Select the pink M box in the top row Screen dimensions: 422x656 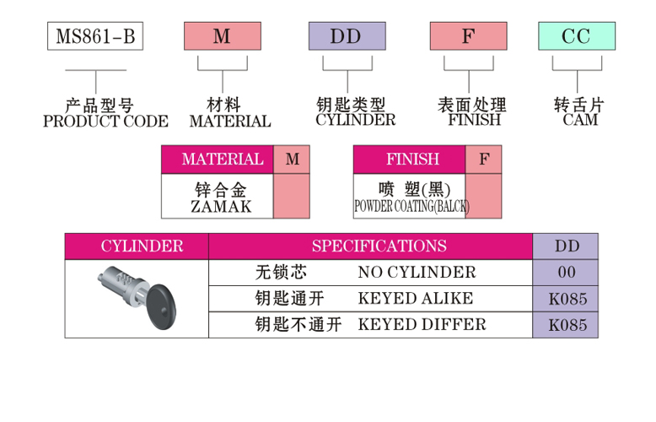point(222,36)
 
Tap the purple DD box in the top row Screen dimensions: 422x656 point(347,36)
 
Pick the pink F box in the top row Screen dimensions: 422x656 point(469,36)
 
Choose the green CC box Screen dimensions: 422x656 point(576,36)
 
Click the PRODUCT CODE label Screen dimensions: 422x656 point(105,122)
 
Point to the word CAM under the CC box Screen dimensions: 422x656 point(579,120)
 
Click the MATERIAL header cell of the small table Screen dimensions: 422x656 point(217,160)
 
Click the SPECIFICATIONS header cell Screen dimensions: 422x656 point(379,246)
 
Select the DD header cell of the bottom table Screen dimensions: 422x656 point(566,246)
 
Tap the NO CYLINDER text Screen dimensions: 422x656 point(417,273)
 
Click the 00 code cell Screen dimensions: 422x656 point(567,273)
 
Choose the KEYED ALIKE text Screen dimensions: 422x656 point(416,299)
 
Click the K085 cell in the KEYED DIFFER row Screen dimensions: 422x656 point(567,325)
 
